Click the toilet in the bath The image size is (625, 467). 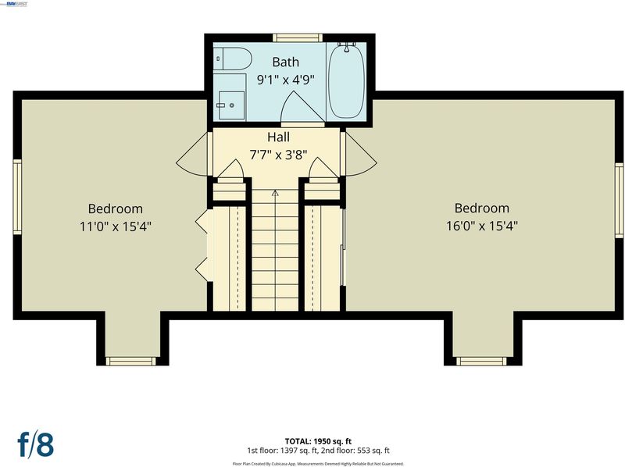pyautogui.click(x=232, y=59)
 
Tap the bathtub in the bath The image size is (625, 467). pyautogui.click(x=346, y=82)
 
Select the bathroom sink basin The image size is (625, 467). pyautogui.click(x=231, y=105)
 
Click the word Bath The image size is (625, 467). pyautogui.click(x=285, y=62)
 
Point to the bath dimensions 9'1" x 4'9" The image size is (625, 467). pyautogui.click(x=285, y=80)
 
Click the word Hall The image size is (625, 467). pyautogui.click(x=278, y=137)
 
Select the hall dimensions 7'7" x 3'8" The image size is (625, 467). pyautogui.click(x=278, y=155)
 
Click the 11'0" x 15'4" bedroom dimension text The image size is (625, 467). pyautogui.click(x=116, y=226)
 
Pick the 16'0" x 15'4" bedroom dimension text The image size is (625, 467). pyautogui.click(x=481, y=226)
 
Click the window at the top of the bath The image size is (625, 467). pyautogui.click(x=297, y=37)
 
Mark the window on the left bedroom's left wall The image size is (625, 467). pyautogui.click(x=17, y=197)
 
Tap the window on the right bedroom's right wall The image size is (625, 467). pyautogui.click(x=619, y=201)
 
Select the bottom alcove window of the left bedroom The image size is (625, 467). pyautogui.click(x=130, y=361)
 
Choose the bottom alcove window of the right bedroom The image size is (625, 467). pyautogui.click(x=481, y=361)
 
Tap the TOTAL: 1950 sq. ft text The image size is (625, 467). pyautogui.click(x=318, y=441)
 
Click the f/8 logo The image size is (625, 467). pyautogui.click(x=35, y=444)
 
